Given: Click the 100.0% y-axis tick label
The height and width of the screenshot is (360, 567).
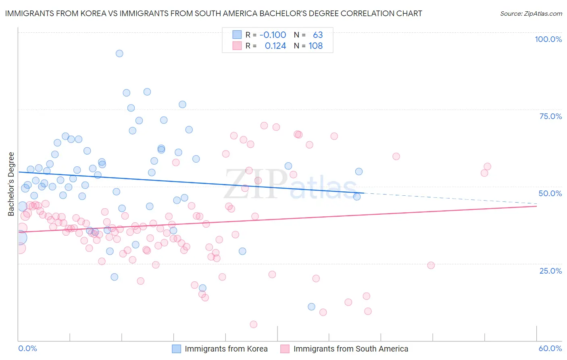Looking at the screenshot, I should (548, 39).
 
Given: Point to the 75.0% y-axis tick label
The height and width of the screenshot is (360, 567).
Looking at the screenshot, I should (550, 116).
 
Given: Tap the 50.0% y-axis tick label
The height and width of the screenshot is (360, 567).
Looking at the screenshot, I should (550, 193).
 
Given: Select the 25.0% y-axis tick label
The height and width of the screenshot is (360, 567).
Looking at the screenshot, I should (550, 270).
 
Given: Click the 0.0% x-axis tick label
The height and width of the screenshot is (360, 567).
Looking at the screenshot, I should (28, 348).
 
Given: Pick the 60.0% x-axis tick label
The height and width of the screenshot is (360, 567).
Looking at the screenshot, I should (550, 348).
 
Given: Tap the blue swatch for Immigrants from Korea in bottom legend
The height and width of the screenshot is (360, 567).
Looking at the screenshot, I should (177, 349).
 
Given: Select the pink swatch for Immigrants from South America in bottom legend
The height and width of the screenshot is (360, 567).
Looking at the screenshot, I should (285, 349).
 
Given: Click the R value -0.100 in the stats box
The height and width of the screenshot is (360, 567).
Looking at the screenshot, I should (273, 35).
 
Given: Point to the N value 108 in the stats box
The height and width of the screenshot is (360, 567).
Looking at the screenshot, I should (315, 46).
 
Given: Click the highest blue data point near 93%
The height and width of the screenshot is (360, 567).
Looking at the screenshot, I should (119, 53).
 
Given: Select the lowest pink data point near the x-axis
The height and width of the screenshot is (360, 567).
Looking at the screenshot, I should (253, 324).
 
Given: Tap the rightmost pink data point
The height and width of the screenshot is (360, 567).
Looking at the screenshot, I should (487, 167).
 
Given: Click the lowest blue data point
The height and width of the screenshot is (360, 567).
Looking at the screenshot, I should (311, 307).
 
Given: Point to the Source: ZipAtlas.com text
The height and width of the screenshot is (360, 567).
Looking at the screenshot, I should (531, 14).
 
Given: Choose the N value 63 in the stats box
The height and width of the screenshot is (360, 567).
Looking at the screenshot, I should (318, 35).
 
